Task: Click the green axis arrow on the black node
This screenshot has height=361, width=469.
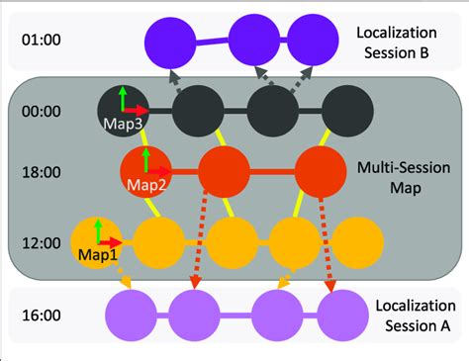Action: [x=122, y=98]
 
